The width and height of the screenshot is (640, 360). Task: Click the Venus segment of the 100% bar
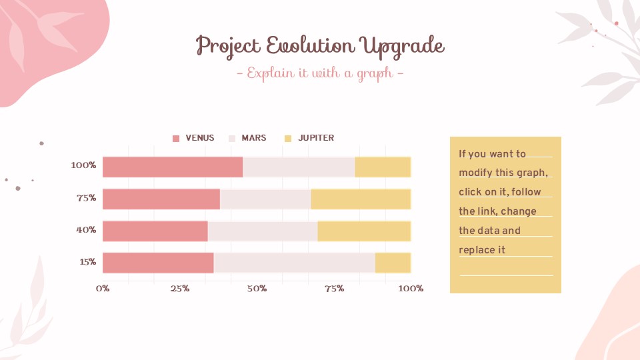173,167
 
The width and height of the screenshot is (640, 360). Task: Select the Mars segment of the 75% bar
265,199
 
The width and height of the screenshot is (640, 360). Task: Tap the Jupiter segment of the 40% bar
364,231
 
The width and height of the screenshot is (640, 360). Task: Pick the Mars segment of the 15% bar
294,263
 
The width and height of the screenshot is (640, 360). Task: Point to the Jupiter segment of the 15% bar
393,263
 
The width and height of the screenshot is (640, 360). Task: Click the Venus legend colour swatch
176,139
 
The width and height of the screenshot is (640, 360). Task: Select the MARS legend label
253,138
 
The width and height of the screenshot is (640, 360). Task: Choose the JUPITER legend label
316,138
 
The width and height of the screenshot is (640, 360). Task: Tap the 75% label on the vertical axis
86,198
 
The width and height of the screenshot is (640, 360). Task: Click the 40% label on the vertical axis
86,230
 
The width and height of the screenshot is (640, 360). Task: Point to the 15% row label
87,262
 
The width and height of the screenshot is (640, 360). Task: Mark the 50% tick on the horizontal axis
257,289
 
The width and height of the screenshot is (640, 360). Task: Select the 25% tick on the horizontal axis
179,289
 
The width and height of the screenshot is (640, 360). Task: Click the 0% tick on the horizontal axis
103,289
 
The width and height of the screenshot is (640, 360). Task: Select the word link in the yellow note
484,211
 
